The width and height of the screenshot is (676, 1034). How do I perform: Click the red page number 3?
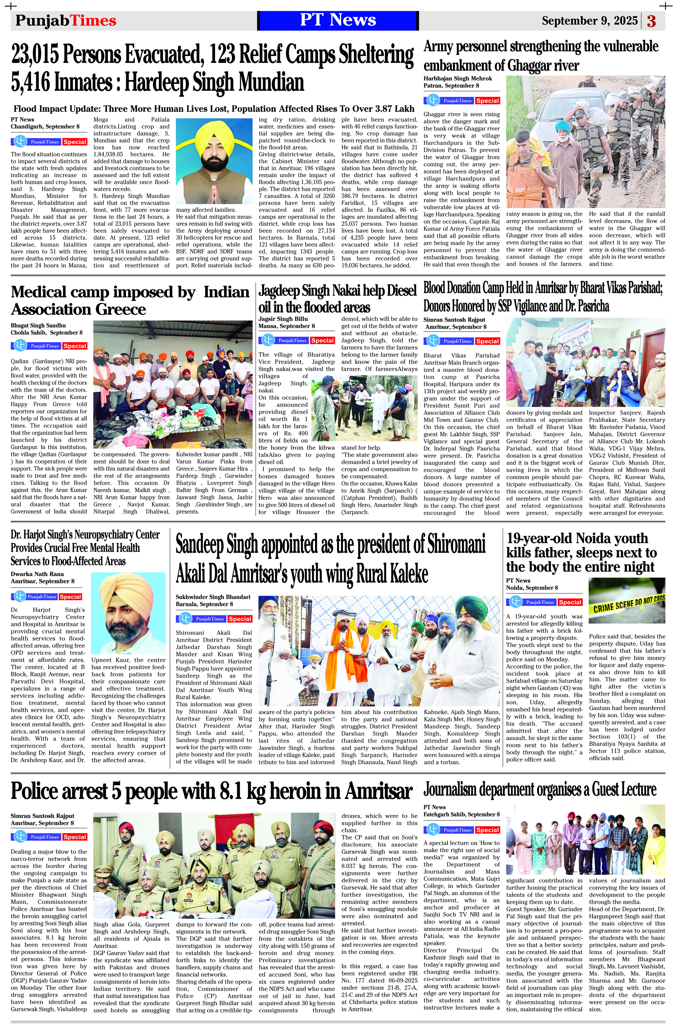click(x=651, y=21)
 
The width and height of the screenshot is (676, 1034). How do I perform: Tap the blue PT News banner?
click(x=338, y=20)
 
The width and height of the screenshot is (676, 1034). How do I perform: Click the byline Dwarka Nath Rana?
click(x=38, y=574)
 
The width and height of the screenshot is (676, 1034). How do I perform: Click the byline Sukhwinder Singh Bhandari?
click(x=213, y=597)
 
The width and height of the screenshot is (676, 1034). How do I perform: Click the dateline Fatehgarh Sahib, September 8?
click(x=461, y=814)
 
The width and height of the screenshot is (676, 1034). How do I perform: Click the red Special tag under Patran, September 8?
click(x=487, y=101)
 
